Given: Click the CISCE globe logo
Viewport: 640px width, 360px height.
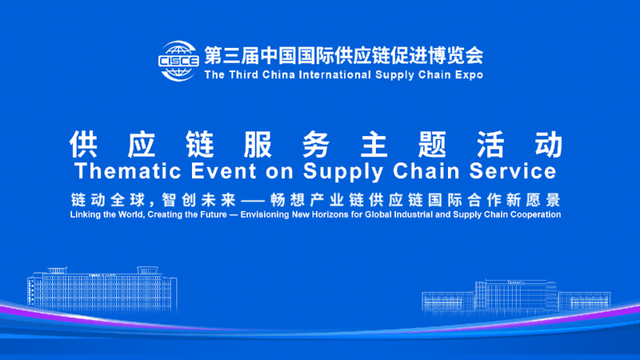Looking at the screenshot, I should [178, 61].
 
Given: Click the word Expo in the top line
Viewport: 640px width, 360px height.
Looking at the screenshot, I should [469, 75].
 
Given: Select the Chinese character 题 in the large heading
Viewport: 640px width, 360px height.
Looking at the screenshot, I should [432, 143].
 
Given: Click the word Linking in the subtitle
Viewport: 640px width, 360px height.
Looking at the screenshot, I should [85, 214].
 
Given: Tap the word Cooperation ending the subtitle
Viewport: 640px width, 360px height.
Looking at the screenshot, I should [534, 214].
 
